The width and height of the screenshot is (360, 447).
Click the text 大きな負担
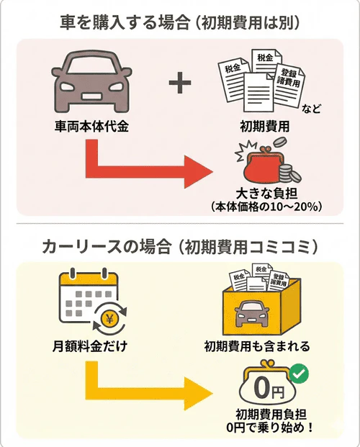point(267,193)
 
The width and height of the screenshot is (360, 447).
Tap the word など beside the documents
point(312,109)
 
